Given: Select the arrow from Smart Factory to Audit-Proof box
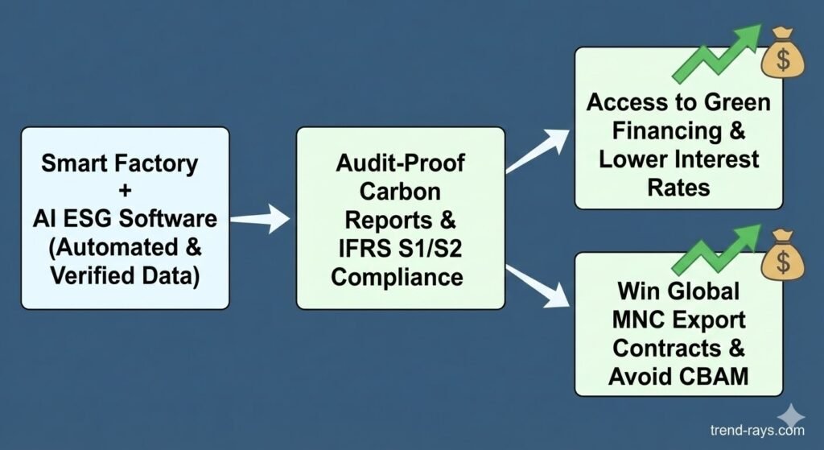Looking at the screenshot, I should click(260, 217).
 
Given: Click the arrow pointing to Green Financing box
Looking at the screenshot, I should click(538, 153).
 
